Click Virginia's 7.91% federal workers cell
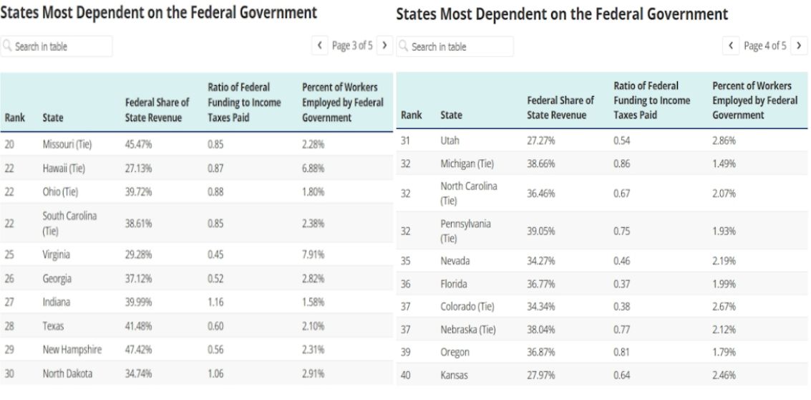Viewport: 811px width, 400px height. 313,254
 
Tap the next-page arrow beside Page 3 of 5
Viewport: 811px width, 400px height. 385,46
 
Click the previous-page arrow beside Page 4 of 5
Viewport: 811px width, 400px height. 731,46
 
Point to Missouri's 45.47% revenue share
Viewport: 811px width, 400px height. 138,144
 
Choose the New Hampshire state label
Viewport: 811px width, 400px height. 72,350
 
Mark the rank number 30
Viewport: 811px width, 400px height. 9,373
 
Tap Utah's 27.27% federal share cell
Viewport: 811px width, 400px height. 540,141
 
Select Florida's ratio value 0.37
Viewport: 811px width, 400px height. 621,284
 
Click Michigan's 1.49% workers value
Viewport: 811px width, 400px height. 724,164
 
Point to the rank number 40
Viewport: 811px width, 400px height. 405,375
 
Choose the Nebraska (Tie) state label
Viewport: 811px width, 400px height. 467,330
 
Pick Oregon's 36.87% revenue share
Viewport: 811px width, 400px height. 540,353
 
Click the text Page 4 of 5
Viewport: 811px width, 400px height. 764,46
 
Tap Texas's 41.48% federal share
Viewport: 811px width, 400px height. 138,326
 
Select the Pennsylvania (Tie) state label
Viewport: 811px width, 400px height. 465,231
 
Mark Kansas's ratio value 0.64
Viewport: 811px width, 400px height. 621,375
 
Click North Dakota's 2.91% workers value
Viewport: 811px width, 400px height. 313,373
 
